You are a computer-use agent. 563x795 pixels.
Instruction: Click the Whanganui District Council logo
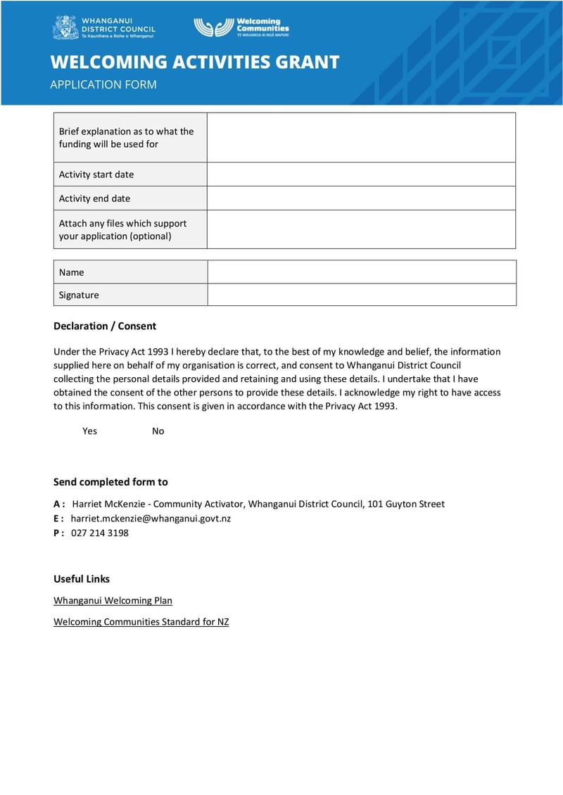[x=103, y=27]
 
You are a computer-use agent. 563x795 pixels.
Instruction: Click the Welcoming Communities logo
[x=241, y=27]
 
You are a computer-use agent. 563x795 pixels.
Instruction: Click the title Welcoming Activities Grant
[x=195, y=62]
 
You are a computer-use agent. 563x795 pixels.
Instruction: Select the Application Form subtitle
[x=103, y=84]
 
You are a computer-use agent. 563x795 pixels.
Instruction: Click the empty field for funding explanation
[x=361, y=138]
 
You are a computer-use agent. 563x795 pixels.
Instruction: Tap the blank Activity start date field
[x=361, y=174]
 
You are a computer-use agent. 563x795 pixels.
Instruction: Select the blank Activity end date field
[x=361, y=198]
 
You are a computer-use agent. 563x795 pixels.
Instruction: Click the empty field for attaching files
[x=361, y=229]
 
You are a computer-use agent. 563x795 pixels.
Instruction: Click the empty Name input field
[x=361, y=272]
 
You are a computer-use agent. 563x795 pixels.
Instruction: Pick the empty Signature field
[x=361, y=295]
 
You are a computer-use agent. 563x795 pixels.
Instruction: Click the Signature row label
[x=79, y=295]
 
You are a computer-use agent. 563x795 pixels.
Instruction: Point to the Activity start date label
[x=96, y=174]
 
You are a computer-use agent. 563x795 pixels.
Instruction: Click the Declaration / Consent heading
[x=105, y=326]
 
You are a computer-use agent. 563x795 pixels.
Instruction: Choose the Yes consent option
[x=89, y=431]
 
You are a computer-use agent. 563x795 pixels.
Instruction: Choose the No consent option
[x=158, y=431]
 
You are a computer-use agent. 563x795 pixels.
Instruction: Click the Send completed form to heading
[x=110, y=482]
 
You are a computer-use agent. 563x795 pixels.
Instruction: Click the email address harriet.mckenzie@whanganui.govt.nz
[x=151, y=519]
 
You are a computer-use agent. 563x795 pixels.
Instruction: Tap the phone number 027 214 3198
[x=100, y=533]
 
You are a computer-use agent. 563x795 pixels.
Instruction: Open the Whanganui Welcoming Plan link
[x=113, y=601]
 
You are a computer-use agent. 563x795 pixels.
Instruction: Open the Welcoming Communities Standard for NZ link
[x=141, y=622]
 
